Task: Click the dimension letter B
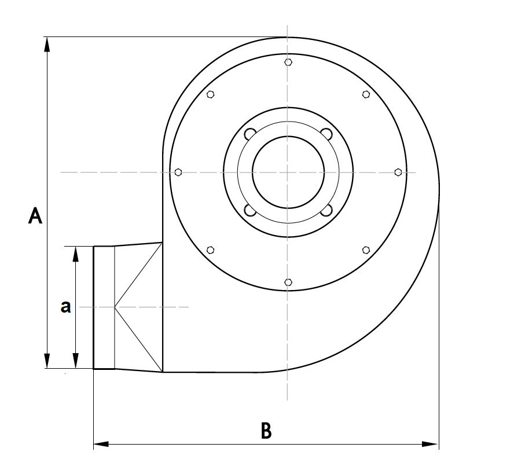(266, 430)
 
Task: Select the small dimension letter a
(66, 307)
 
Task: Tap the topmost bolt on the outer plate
(288, 62)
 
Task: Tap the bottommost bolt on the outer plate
(288, 282)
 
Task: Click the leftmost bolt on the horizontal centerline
(178, 172)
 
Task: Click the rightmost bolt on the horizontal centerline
(398, 172)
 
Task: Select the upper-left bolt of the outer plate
(211, 94)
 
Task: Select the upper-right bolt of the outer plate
(366, 94)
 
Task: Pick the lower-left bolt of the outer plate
(211, 249)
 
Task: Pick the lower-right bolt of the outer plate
(366, 249)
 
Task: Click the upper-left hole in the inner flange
(250, 134)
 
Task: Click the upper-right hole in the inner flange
(326, 134)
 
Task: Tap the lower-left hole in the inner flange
(250, 210)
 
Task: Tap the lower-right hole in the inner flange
(326, 210)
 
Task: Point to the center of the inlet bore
(288, 172)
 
